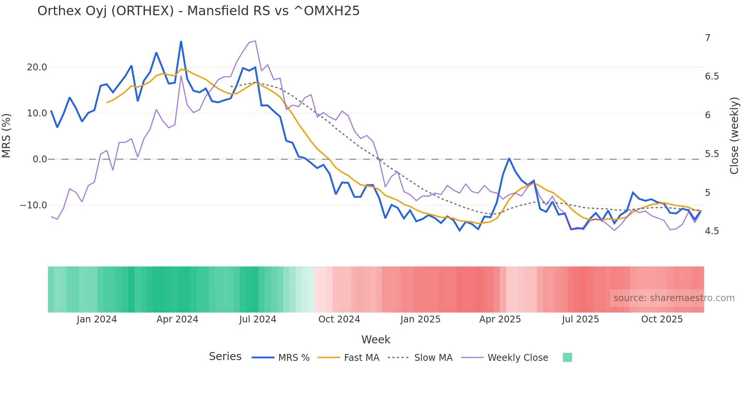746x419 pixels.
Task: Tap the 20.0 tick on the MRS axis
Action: [37, 67]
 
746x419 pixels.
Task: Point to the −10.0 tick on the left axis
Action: [33, 205]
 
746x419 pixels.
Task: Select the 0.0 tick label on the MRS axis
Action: [40, 159]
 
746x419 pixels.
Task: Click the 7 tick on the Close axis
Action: [708, 38]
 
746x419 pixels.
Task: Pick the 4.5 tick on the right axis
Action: [712, 231]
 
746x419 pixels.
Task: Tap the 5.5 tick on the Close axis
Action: [712, 154]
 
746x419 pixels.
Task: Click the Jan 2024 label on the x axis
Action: [97, 319]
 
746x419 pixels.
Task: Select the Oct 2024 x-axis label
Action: [339, 319]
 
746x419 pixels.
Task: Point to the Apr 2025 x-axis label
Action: [500, 319]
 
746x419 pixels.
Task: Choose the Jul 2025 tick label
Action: [580, 319]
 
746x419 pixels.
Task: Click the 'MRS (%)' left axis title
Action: [6, 136]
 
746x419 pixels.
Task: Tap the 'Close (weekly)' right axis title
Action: [734, 136]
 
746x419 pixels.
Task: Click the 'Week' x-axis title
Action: [376, 340]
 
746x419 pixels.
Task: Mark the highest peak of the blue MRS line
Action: [181, 41]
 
